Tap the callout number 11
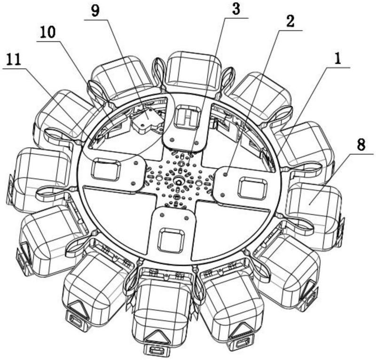[14, 60]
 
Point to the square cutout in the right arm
[249, 188]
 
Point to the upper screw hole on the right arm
[225, 175]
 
